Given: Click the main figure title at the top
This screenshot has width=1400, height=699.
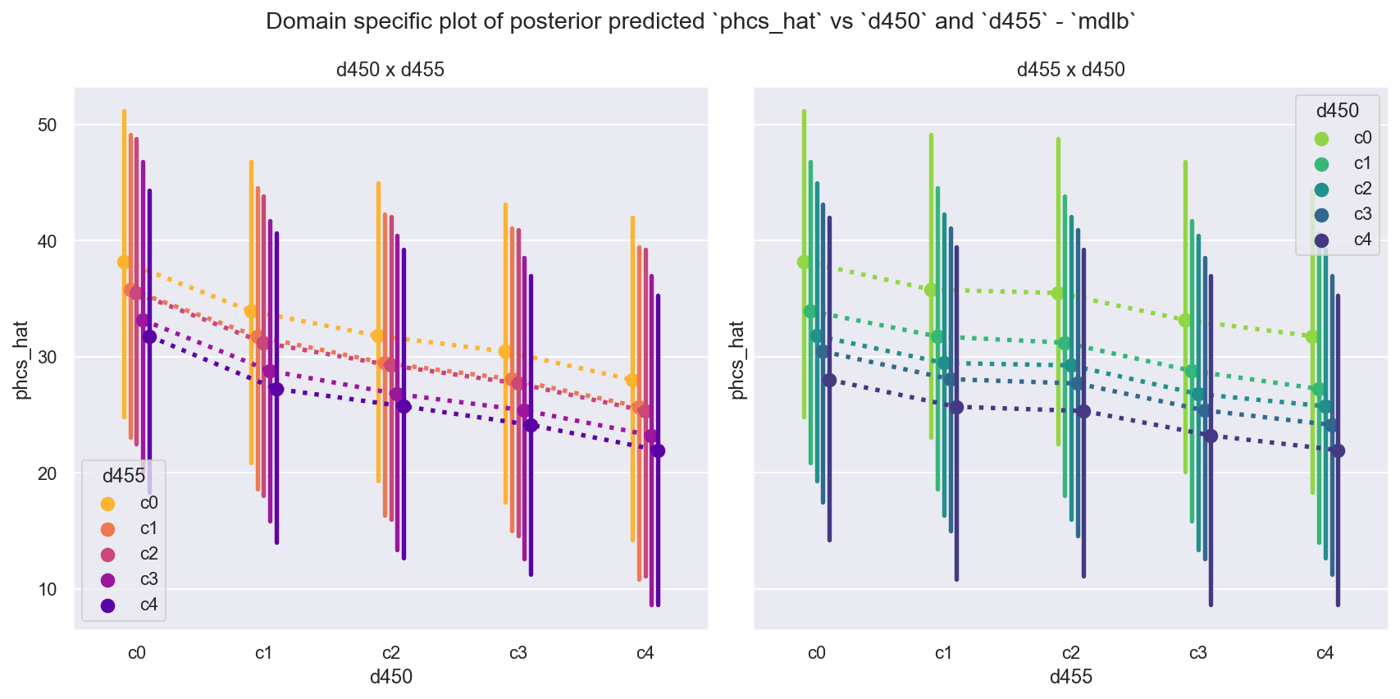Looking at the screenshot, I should point(700,21).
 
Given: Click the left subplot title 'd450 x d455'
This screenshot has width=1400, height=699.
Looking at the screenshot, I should point(390,70).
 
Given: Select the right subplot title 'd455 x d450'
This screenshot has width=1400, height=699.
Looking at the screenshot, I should point(1070,70).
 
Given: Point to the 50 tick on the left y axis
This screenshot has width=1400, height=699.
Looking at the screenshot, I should point(47,125).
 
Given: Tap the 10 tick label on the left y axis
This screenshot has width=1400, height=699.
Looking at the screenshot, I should point(47,589).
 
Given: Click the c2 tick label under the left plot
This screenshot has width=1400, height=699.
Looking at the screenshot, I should point(390,653).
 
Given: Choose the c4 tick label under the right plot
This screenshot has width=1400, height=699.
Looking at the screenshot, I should point(1325,653).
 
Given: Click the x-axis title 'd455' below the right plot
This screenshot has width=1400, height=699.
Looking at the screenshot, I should point(1070,677).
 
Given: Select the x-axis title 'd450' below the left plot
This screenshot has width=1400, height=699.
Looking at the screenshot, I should point(390,677).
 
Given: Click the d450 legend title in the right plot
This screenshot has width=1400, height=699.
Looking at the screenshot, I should point(1337,111).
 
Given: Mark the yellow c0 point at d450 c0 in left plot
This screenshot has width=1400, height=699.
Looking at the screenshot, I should point(124,262).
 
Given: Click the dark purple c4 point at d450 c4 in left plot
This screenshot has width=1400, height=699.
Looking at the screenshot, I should point(658,450).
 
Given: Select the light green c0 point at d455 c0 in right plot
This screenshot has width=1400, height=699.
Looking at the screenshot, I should point(804,262).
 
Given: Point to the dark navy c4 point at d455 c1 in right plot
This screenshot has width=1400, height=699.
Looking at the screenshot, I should point(956,407).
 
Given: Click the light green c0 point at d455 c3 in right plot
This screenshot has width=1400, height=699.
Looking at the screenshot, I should point(1185,320).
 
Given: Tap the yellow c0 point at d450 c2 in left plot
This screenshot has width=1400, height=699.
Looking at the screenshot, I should point(378,336).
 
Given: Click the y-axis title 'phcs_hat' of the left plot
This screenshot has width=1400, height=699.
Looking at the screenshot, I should point(22,360).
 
